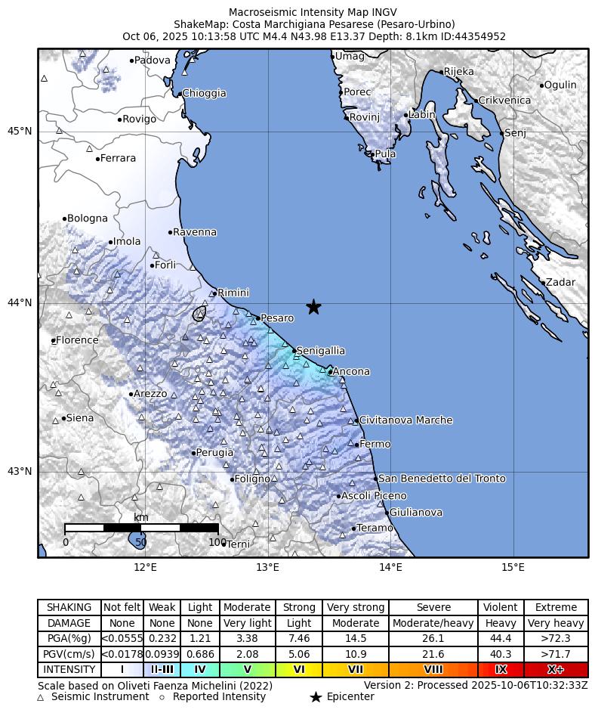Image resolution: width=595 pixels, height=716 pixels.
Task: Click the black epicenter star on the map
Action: coord(313,306)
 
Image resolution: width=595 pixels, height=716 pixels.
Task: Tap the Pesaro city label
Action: coord(276,318)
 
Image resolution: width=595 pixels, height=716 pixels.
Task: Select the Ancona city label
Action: coord(351,371)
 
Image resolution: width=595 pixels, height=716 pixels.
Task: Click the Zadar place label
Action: coord(560,283)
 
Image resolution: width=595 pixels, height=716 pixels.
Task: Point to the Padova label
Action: coord(152,60)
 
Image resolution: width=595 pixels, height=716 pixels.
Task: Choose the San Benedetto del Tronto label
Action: coord(442,479)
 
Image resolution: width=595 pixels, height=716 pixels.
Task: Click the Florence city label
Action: coord(77,340)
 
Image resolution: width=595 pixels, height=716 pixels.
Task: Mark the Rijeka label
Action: coord(459,72)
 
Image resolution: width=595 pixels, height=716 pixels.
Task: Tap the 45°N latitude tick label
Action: coord(20,131)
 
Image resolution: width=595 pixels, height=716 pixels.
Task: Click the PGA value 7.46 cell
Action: coord(299,639)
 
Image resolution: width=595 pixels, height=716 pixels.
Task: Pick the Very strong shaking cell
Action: coord(356,607)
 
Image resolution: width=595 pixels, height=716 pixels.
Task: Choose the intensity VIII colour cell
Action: coord(433,670)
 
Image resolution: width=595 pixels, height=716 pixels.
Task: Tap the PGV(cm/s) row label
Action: coord(69,654)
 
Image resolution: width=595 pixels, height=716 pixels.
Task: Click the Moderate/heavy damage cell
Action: coord(433,623)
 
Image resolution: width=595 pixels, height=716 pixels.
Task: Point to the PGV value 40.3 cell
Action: coord(501,654)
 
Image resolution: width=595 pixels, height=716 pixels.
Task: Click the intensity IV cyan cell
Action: coord(200,670)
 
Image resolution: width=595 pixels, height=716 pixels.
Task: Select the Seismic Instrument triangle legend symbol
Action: coord(41,697)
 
